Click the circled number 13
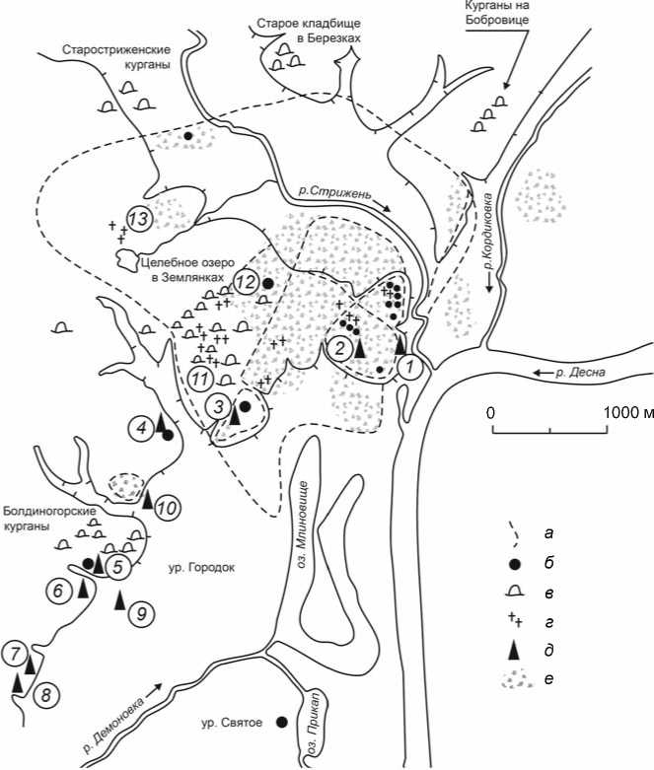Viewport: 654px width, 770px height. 139,217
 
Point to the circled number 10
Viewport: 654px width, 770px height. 168,508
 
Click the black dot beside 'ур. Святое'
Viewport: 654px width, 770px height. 282,722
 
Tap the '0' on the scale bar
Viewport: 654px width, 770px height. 490,413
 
